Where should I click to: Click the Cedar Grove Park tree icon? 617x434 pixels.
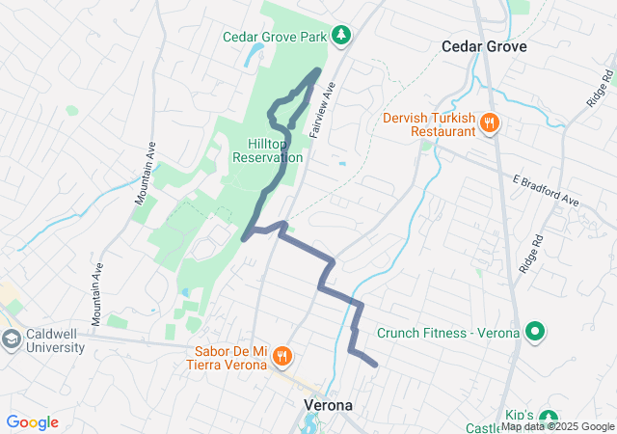340,36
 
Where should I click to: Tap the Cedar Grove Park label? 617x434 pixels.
275,37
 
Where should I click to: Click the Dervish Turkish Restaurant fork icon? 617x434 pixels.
490,122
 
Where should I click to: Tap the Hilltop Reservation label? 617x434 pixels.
268,149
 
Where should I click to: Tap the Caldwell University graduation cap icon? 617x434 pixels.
12,339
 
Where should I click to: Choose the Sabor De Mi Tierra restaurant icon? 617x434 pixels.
282,356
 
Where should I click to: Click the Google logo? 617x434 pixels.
32,422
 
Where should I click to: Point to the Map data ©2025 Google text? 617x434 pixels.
557,427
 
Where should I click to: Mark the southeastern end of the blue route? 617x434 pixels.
374,364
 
